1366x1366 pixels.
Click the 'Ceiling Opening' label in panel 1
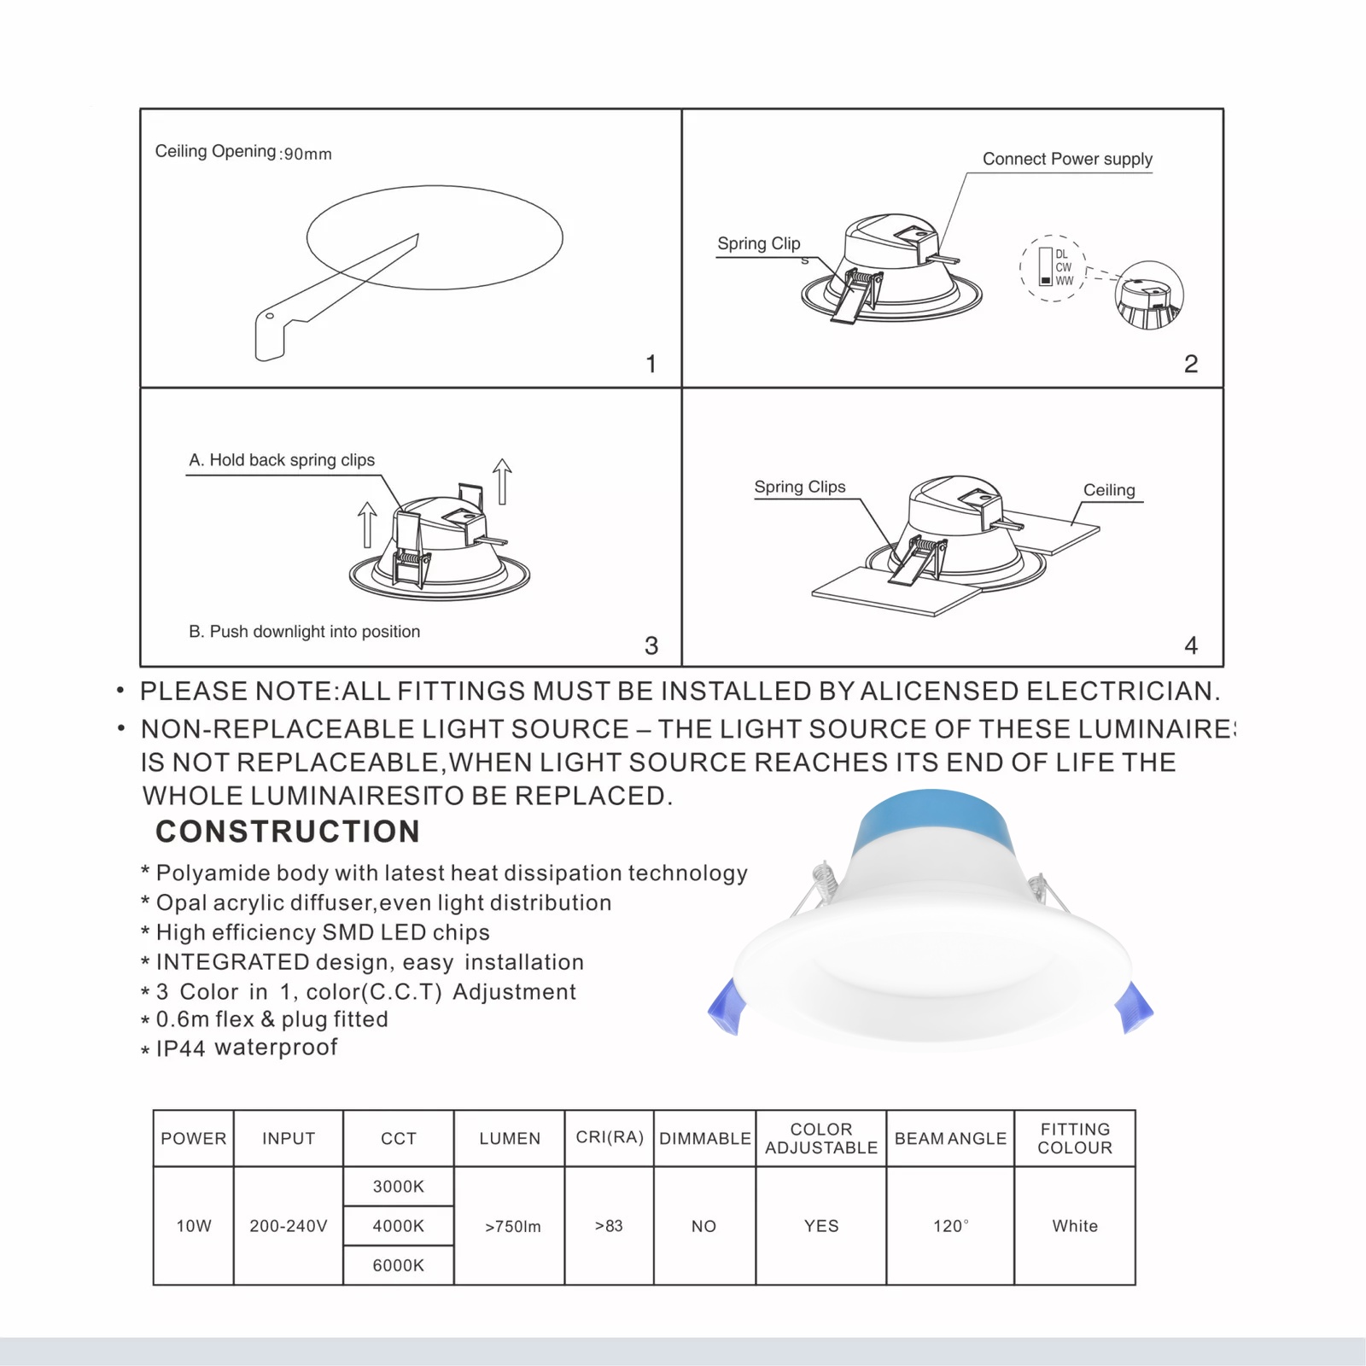coord(215,151)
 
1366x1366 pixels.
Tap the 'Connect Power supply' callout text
coord(1067,159)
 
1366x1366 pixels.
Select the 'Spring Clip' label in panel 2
coord(758,243)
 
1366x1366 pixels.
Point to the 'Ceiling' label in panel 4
coord(1109,490)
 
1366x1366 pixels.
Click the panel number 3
coord(651,645)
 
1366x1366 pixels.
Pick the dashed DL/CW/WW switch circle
coord(1053,268)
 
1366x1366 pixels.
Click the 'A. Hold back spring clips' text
coord(282,460)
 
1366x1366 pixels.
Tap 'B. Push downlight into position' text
coord(304,632)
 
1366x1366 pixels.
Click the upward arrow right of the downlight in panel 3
coord(502,482)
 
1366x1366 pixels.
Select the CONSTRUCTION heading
coord(288,832)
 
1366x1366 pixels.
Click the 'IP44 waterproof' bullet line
coord(247,1048)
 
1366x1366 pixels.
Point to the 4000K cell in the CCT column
coord(398,1226)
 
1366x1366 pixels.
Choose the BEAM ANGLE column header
coord(950,1138)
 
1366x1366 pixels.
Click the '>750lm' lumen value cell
coord(512,1226)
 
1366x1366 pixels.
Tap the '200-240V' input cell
coord(289,1226)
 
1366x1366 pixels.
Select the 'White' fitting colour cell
coord(1075,1226)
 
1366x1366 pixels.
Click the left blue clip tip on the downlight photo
coord(726,1007)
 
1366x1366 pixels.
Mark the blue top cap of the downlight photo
coord(932,820)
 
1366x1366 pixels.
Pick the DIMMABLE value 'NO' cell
coord(703,1226)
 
